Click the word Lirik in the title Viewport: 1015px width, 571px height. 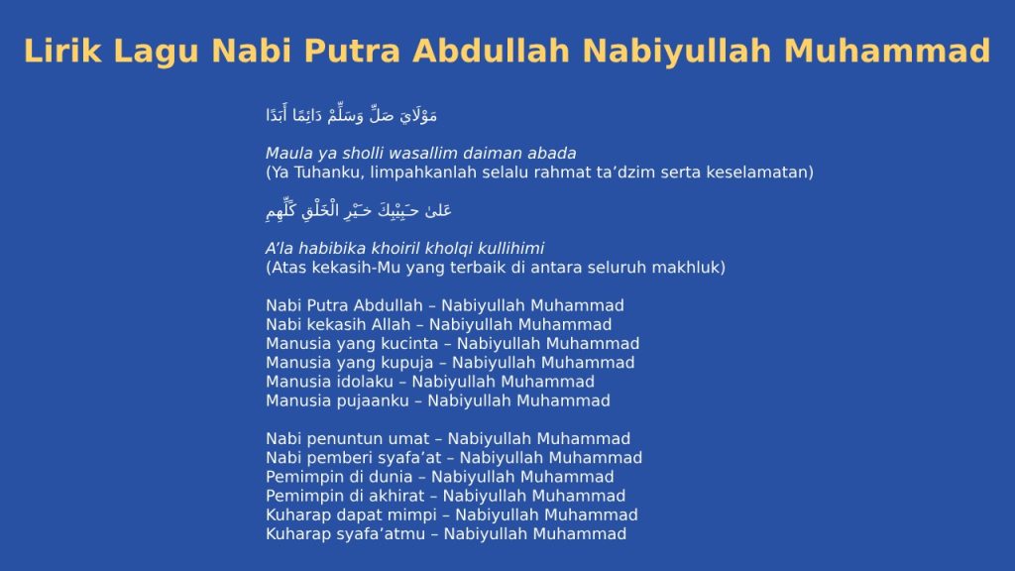(61, 51)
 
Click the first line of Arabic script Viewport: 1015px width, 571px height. (352, 116)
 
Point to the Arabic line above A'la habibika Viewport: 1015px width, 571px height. (359, 210)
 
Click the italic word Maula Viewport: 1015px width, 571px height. (287, 154)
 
